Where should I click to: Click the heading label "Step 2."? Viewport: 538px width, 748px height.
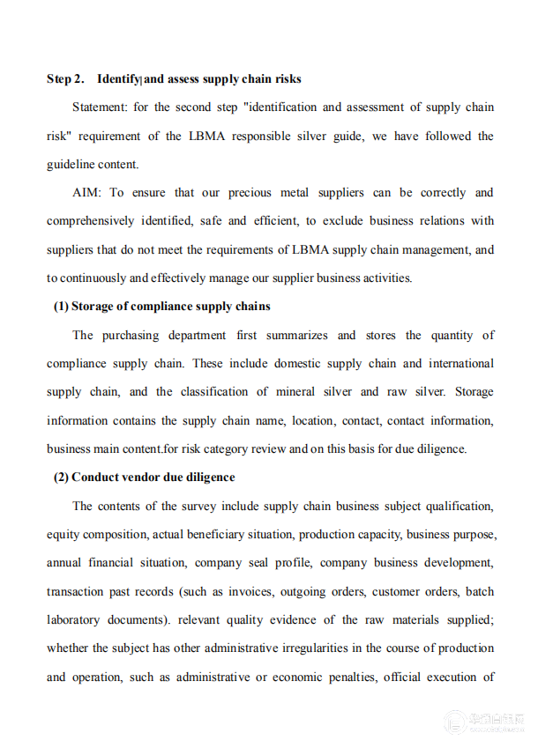coord(65,79)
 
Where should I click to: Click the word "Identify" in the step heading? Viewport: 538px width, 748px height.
coord(118,79)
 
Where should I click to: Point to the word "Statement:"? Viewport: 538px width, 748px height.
coord(102,107)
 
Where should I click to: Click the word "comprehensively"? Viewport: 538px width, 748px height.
coord(91,221)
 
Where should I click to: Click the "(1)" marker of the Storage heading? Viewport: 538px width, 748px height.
coord(61,307)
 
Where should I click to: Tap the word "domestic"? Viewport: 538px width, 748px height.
coord(322,364)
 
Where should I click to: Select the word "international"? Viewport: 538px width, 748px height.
coord(460,364)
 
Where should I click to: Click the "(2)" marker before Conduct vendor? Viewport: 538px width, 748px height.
coord(61,478)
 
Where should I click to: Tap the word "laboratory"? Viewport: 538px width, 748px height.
coord(76,620)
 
